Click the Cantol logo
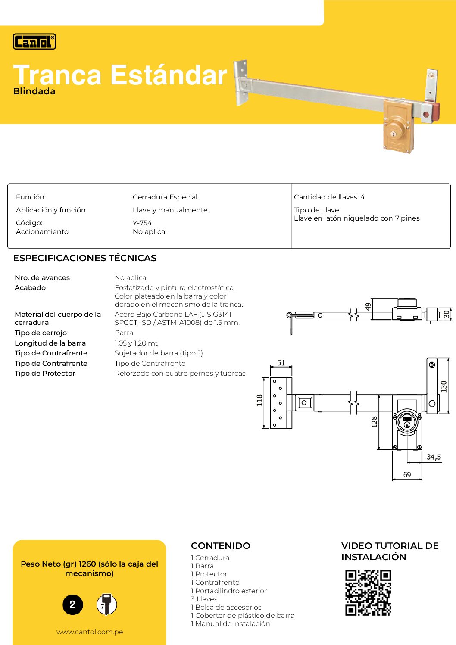(x=34, y=41)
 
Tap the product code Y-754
(x=142, y=223)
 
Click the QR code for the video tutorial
(x=368, y=592)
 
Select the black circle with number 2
(x=72, y=604)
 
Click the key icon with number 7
(x=106, y=604)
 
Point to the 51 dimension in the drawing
(x=281, y=363)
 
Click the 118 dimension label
(x=259, y=400)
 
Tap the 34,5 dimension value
(x=434, y=457)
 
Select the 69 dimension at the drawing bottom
(x=407, y=474)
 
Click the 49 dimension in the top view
(x=368, y=307)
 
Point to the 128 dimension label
(x=374, y=421)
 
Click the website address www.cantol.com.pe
(x=90, y=632)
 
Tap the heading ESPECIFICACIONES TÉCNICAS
(x=85, y=258)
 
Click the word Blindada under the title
(x=34, y=91)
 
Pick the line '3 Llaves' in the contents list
(x=204, y=599)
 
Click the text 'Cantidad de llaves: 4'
(x=329, y=197)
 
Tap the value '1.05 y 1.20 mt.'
(x=137, y=343)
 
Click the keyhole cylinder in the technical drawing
(x=407, y=422)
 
